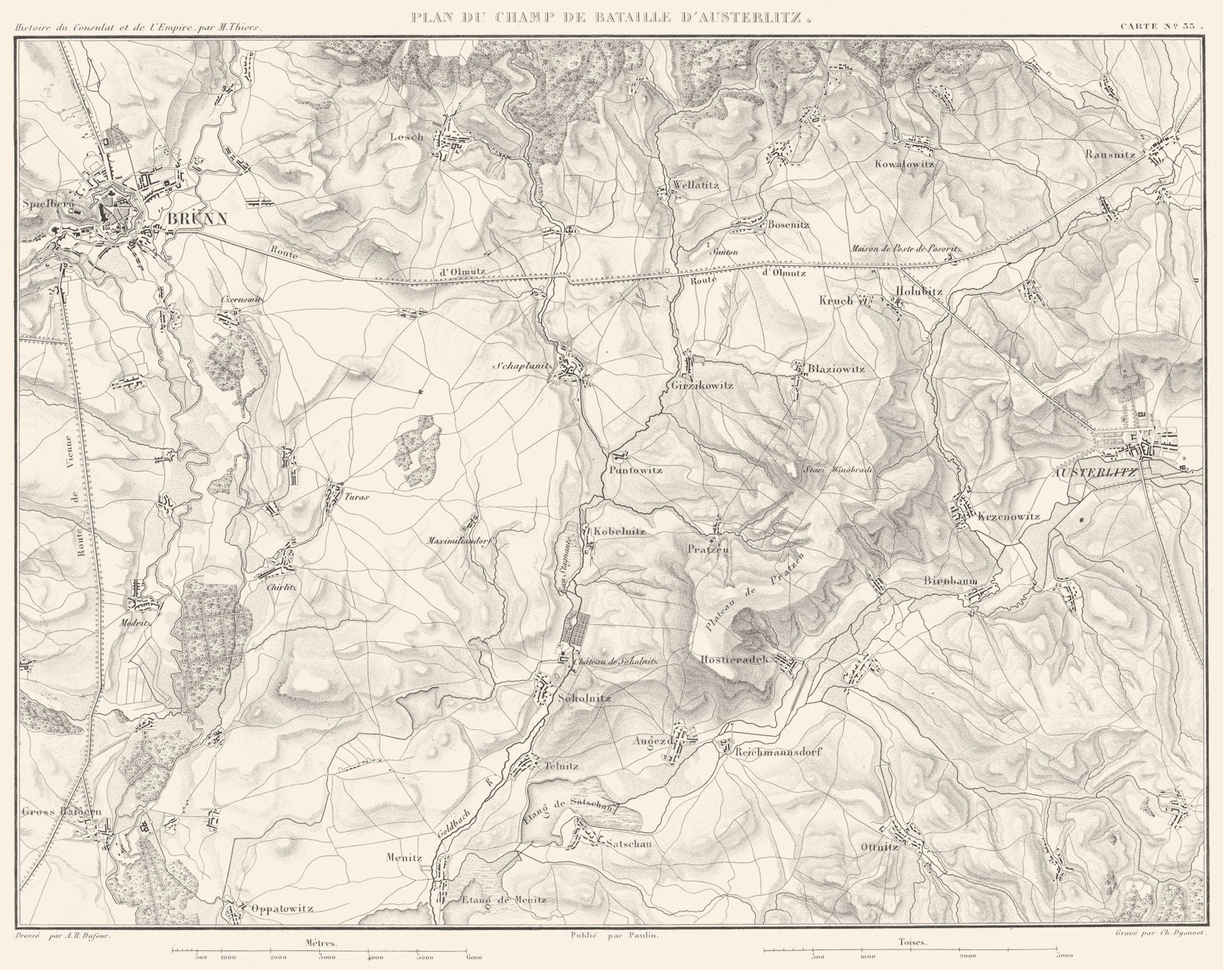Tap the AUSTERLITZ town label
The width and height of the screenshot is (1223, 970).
point(1095,472)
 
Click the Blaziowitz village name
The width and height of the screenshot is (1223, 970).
point(836,369)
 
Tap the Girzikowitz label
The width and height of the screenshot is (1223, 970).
point(702,385)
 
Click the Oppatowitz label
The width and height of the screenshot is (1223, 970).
point(282,910)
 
